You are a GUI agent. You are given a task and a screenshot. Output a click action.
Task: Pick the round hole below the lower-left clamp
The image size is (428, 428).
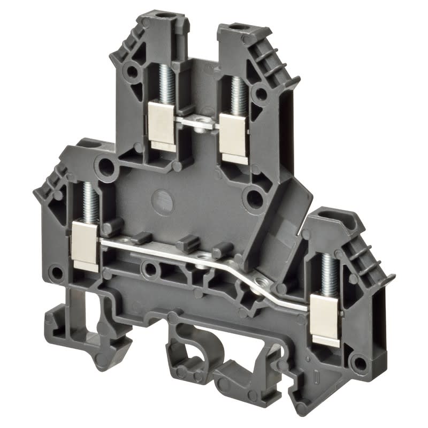click(56, 273)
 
